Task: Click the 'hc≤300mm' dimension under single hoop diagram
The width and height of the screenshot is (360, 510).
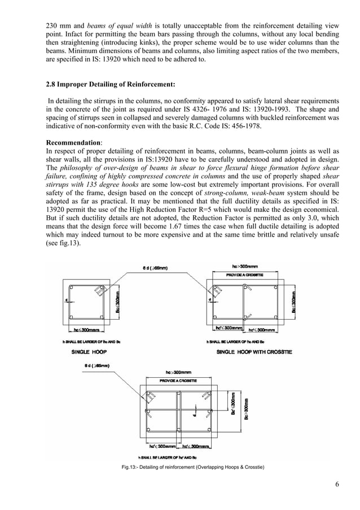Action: pyautogui.click(x=83, y=328)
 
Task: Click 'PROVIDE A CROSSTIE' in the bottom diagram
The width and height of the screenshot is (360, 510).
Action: pyautogui.click(x=178, y=382)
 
